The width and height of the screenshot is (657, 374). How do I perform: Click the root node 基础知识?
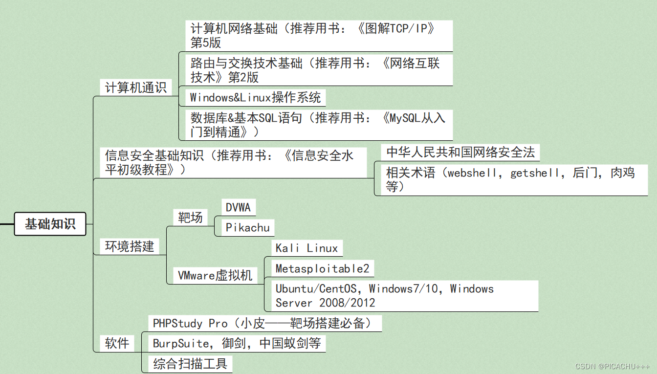[50, 224]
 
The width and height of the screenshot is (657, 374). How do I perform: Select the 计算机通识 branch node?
[136, 88]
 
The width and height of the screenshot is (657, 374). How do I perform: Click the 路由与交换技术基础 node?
[315, 70]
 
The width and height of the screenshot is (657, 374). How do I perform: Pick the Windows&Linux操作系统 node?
[255, 97]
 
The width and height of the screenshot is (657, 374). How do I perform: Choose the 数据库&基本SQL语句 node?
[318, 125]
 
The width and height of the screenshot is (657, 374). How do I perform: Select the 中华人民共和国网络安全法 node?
[460, 152]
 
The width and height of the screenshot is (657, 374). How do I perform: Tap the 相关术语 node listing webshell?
[510, 179]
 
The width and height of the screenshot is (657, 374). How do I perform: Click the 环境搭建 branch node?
[130, 246]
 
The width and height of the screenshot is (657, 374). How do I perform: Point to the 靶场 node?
[190, 217]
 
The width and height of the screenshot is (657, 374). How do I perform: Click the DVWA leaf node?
[238, 207]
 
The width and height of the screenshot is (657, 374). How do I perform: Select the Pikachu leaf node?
[247, 227]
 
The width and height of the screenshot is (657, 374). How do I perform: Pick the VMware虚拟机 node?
[215, 275]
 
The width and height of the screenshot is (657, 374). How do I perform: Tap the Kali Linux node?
[307, 248]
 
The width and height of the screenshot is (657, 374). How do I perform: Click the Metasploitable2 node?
[322, 268]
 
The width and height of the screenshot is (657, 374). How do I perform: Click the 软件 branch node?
[117, 343]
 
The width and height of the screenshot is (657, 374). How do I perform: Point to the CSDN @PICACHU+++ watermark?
[613, 367]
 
